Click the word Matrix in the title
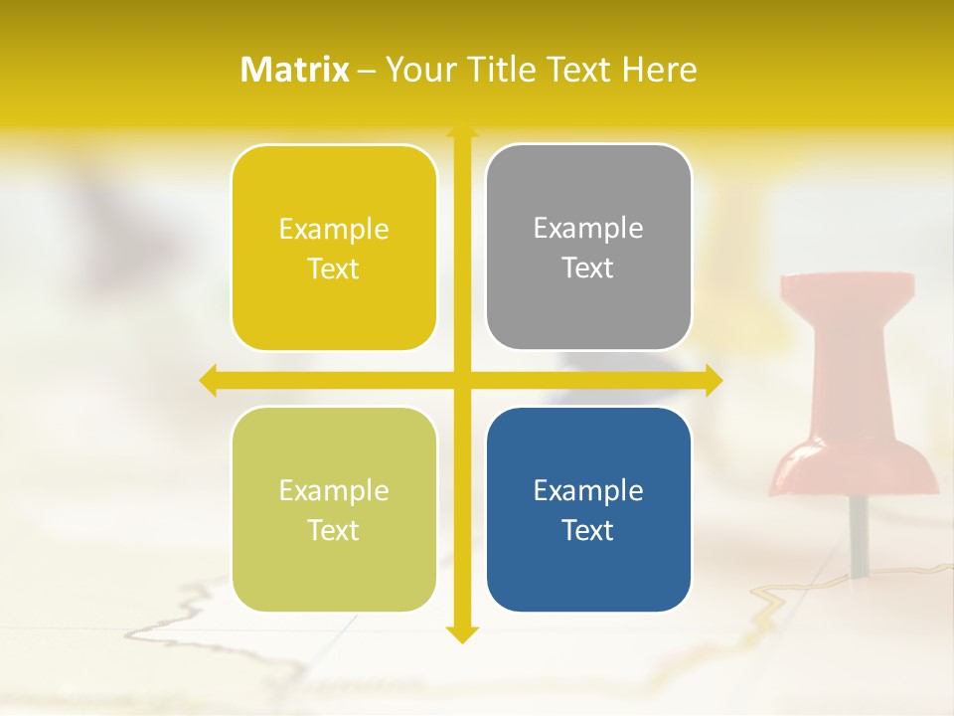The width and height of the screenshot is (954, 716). click(x=295, y=70)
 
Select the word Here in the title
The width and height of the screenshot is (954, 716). click(x=659, y=70)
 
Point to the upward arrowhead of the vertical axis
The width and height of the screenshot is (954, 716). click(x=461, y=131)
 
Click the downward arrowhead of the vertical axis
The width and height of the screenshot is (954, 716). click(x=461, y=633)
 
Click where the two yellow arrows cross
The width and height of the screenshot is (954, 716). click(x=461, y=381)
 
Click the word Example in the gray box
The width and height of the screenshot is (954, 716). click(x=588, y=228)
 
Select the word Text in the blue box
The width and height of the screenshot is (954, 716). click(x=588, y=530)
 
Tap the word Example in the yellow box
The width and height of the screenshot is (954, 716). click(x=334, y=229)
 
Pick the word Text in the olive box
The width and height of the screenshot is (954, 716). click(x=334, y=530)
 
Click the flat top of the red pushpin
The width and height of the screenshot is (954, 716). click(x=847, y=286)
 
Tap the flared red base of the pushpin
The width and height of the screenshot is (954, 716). click(x=856, y=469)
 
